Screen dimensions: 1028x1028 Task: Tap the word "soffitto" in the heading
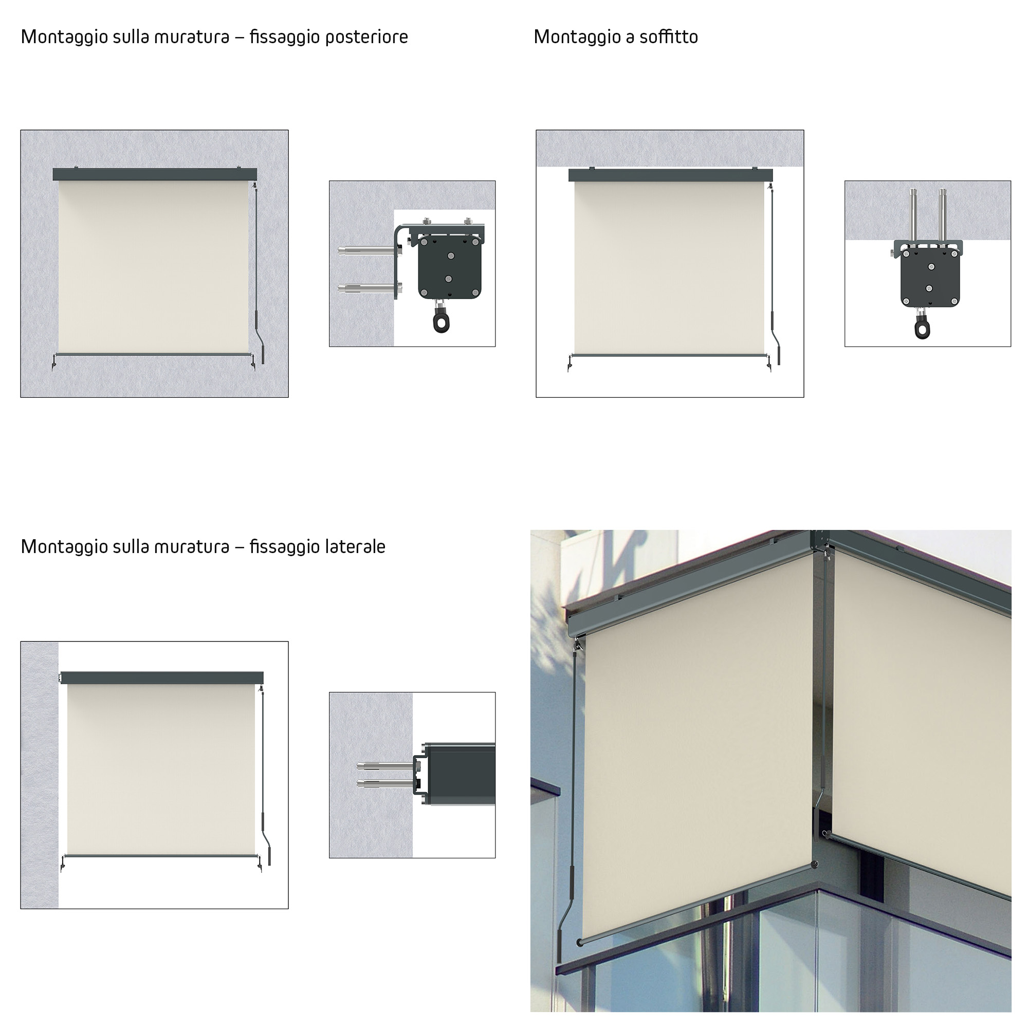[668, 36]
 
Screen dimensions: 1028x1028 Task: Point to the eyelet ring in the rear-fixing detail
[440, 321]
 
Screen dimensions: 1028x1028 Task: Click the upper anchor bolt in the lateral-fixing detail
[384, 766]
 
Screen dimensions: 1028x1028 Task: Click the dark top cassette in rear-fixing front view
[155, 174]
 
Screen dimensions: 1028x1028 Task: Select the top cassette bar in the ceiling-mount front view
[670, 175]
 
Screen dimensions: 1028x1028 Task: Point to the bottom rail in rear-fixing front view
[153, 354]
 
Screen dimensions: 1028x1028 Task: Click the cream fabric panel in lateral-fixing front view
[161, 768]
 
